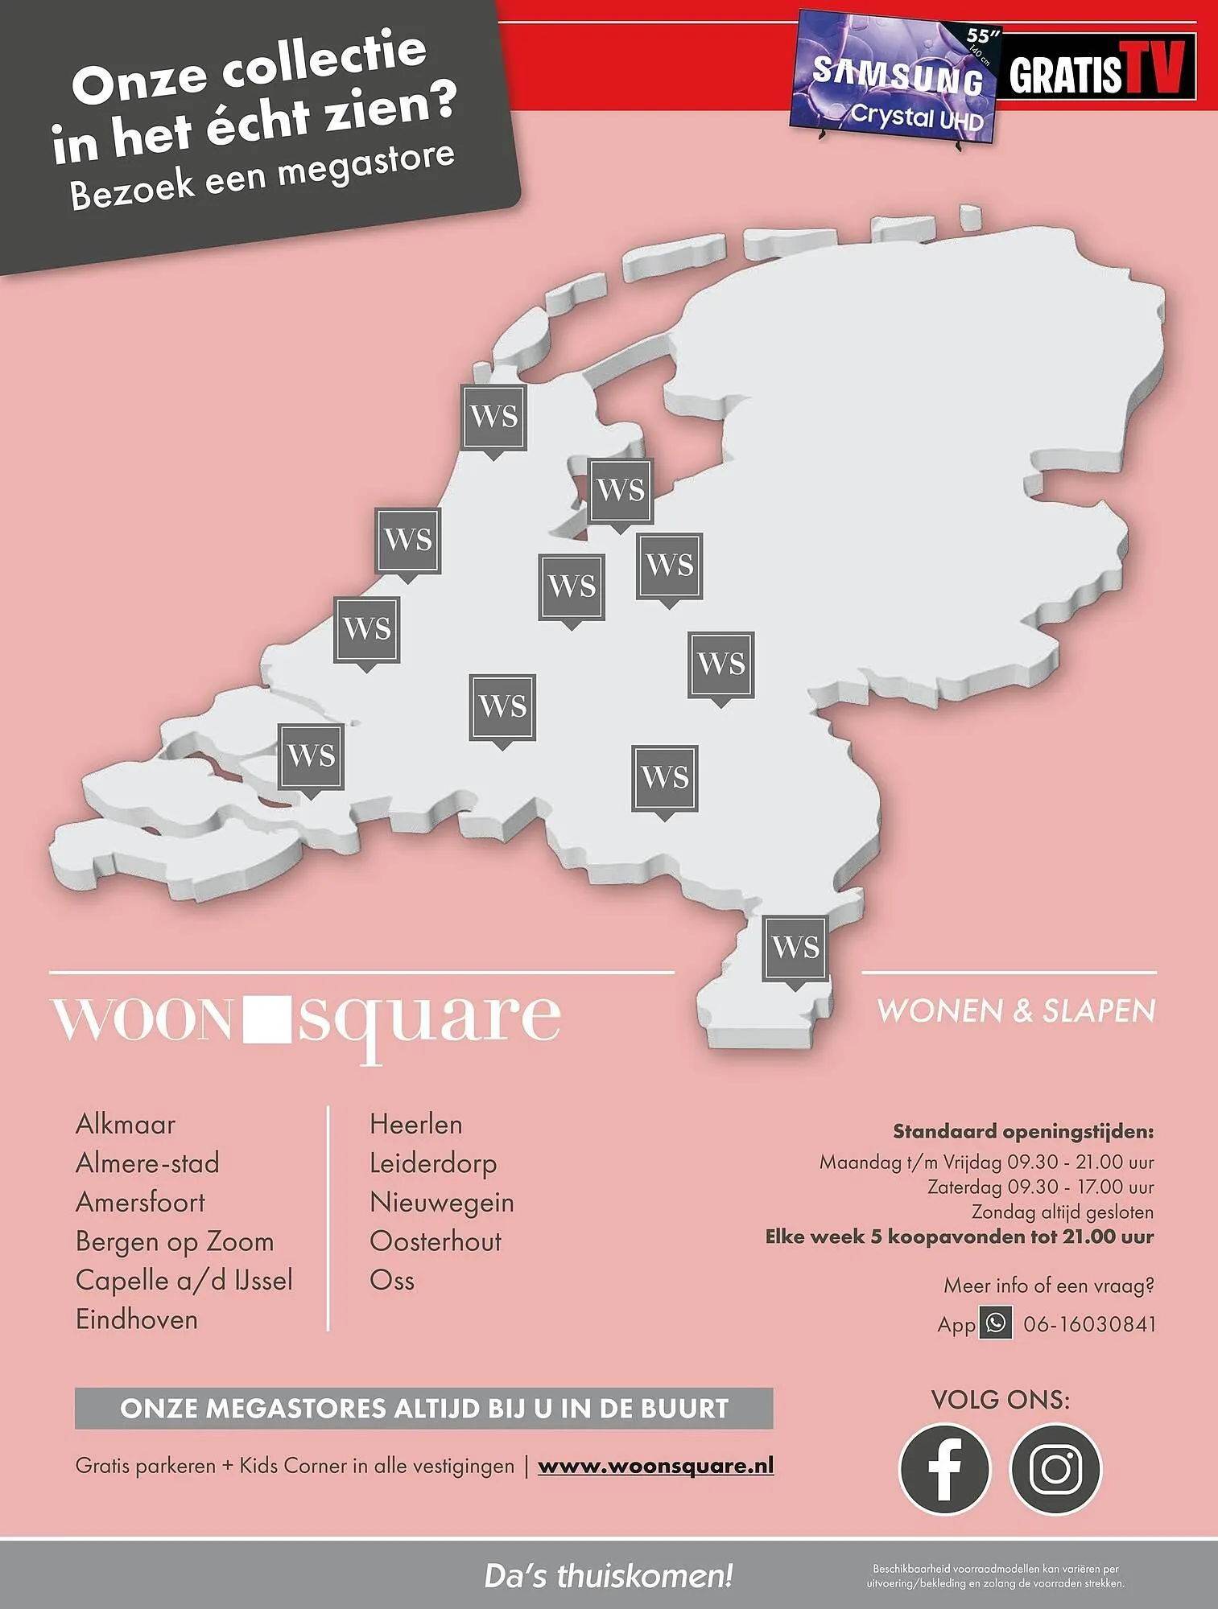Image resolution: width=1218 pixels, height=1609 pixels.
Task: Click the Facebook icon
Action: coord(944,1468)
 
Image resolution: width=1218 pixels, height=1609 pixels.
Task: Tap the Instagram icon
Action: coord(1055,1468)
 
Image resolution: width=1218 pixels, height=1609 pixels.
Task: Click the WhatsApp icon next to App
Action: coord(996,1323)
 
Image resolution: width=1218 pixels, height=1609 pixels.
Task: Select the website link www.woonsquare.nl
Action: coord(655,1465)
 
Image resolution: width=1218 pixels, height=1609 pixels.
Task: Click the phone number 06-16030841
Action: coord(1089,1323)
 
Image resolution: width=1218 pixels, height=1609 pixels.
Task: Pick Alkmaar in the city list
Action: coord(126,1124)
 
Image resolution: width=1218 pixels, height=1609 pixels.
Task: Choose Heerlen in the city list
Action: coord(415,1124)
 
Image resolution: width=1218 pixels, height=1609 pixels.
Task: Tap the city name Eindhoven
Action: coord(137,1319)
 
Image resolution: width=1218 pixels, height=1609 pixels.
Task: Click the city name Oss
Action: coord(392,1280)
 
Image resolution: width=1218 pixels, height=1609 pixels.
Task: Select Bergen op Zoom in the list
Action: coord(175,1241)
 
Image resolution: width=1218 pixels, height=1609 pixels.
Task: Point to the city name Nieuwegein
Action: coord(441,1202)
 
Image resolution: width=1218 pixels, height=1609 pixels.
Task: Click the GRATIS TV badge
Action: coord(1096,68)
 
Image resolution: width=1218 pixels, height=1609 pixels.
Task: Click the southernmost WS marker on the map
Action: coord(795,948)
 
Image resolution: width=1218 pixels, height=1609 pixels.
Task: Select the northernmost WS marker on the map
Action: coord(493,417)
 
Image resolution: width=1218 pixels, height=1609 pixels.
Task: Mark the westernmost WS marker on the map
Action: coord(311,756)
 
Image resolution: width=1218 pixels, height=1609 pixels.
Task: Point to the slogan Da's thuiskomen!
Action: coord(609,1575)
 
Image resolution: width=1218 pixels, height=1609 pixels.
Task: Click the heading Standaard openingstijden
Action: coord(1022,1131)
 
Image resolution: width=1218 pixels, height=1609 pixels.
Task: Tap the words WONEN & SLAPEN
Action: coord(1016,1010)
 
